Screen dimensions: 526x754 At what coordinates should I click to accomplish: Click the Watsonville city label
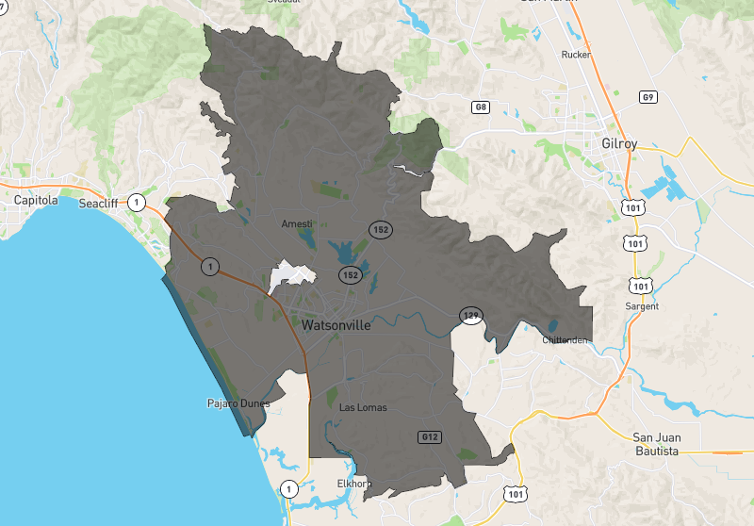click(337, 325)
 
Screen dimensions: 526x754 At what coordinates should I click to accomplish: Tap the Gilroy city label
click(618, 144)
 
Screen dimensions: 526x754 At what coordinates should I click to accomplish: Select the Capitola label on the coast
click(36, 201)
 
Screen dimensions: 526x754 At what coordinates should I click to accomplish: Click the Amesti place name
click(297, 223)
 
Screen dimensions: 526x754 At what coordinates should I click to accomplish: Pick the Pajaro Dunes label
click(238, 403)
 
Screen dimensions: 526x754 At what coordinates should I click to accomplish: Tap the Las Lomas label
click(363, 407)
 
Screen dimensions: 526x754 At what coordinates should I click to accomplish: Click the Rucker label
click(575, 55)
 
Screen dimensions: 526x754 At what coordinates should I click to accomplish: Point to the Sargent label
click(641, 306)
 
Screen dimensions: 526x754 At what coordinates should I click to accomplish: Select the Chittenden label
click(566, 340)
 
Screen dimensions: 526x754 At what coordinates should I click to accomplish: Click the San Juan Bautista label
click(656, 444)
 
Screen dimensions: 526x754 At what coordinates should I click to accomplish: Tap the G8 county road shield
click(481, 107)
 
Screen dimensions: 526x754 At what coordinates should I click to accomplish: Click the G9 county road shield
click(647, 97)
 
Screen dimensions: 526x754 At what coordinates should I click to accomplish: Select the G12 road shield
click(430, 436)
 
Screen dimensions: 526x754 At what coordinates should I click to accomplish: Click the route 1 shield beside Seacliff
click(138, 202)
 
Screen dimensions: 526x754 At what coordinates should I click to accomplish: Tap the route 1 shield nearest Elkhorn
click(289, 488)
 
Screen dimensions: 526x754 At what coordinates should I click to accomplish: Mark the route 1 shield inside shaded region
click(209, 267)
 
